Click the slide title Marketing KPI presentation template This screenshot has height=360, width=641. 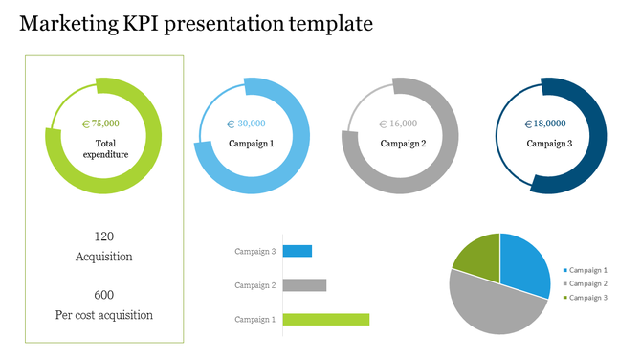coord(195,24)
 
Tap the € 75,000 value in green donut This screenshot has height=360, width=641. coord(101,124)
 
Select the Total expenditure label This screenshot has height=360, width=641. coord(104,148)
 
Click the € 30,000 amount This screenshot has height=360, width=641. coord(246,124)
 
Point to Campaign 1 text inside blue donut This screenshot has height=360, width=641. coord(251,144)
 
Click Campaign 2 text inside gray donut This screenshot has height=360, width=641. coord(403,144)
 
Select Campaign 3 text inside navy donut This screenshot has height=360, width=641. coord(549,144)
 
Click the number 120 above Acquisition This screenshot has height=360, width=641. coord(104,236)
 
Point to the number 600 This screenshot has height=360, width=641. coord(104,295)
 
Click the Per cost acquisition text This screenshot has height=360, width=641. coord(104,315)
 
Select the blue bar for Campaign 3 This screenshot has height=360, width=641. coord(297,251)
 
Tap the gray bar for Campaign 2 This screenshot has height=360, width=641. coord(304,285)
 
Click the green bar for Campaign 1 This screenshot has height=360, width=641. coord(325,319)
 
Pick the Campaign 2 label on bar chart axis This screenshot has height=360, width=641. coord(255,285)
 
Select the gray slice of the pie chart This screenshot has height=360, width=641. coord(493,304)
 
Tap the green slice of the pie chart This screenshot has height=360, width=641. coord(478,256)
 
